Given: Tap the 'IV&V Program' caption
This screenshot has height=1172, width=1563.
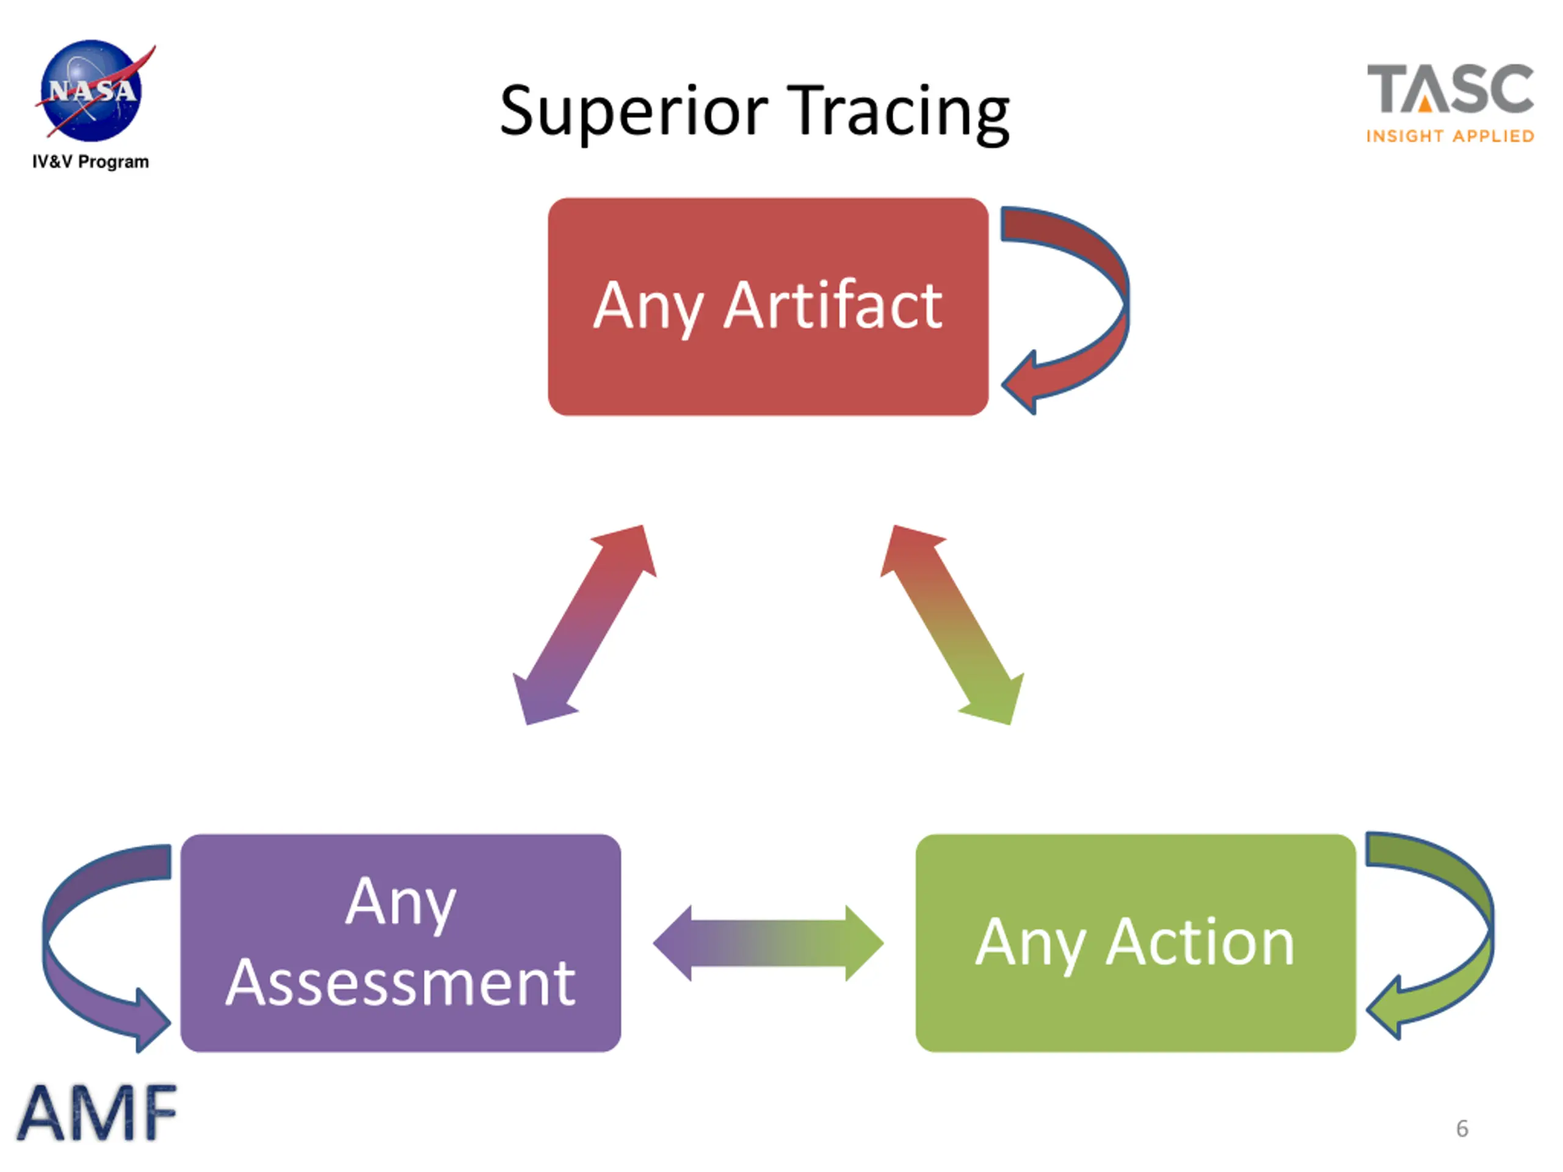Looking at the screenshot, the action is tap(90, 162).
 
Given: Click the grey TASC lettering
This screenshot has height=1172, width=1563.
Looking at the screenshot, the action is tap(1450, 89).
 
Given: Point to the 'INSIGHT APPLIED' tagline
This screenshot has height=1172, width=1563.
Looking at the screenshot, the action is tap(1450, 136).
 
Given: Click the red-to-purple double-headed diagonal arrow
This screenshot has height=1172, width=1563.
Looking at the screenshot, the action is tap(584, 624).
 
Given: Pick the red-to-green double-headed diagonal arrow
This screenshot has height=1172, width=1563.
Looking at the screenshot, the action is tap(952, 624).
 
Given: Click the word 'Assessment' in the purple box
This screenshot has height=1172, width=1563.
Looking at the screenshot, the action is tap(401, 983).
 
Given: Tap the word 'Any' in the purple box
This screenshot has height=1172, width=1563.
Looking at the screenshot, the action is tap(401, 904).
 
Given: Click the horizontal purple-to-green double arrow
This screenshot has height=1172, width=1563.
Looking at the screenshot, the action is tap(768, 943).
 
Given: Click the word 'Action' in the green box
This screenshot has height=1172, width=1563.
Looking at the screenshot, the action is tap(1200, 942).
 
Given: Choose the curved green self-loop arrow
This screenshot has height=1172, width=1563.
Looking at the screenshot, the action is tap(1430, 935).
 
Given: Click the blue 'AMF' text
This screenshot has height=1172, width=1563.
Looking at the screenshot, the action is tap(97, 1113).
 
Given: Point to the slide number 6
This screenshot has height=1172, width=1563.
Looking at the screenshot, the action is tap(1462, 1128).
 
